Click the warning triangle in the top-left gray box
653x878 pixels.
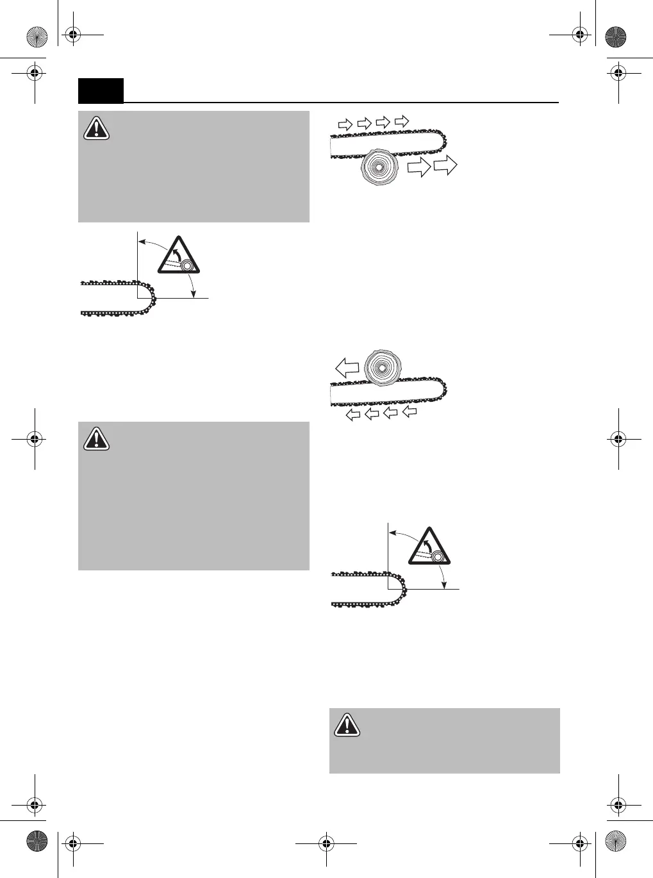click(96, 128)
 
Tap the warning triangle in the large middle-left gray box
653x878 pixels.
click(96, 438)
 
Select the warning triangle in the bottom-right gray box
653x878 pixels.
click(347, 724)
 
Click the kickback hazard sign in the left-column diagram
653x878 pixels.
click(179, 255)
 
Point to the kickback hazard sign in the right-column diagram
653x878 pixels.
click(429, 546)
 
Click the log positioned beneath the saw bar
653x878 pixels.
click(379, 168)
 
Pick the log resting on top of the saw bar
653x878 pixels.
click(382, 368)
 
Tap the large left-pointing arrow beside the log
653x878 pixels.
click(347, 368)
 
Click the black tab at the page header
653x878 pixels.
click(101, 90)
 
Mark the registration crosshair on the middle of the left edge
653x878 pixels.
click(35, 439)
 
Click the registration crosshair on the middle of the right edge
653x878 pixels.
click(618, 439)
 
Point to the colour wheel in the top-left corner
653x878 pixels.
click(37, 37)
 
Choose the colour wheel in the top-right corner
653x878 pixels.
click(615, 37)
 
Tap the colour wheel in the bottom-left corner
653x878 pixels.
click(37, 841)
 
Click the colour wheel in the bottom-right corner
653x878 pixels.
click(615, 841)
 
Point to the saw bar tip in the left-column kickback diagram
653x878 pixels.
click(149, 298)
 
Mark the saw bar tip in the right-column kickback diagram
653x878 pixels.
click(400, 589)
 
